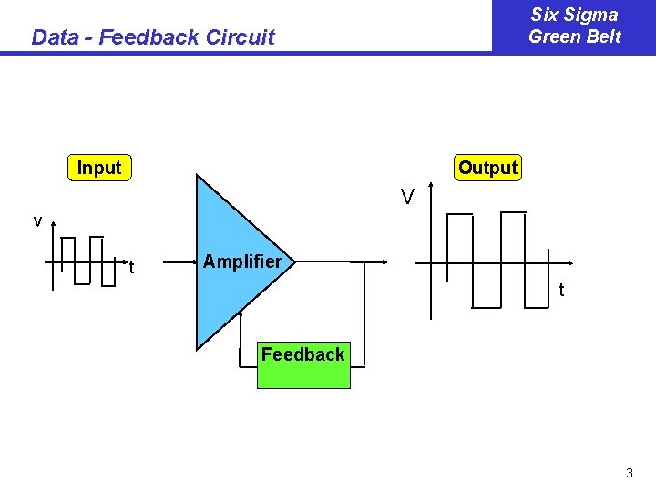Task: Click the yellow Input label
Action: (99, 168)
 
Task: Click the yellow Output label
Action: (487, 168)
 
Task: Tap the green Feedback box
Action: (302, 365)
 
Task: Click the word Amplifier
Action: (242, 262)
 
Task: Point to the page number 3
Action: (629, 473)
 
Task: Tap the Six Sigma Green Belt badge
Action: (574, 26)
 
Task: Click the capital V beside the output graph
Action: (407, 196)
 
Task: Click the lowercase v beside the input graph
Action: (37, 221)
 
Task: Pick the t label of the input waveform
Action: (131, 267)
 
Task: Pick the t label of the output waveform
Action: (561, 290)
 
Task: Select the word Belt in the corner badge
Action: (602, 36)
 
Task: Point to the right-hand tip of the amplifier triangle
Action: (293, 261)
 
